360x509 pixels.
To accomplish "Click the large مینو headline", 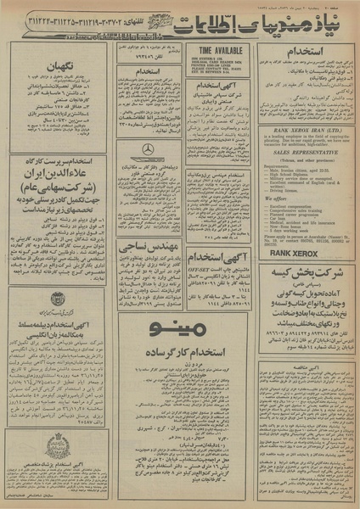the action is click(180, 328).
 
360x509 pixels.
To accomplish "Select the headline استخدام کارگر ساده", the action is click(180, 350).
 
